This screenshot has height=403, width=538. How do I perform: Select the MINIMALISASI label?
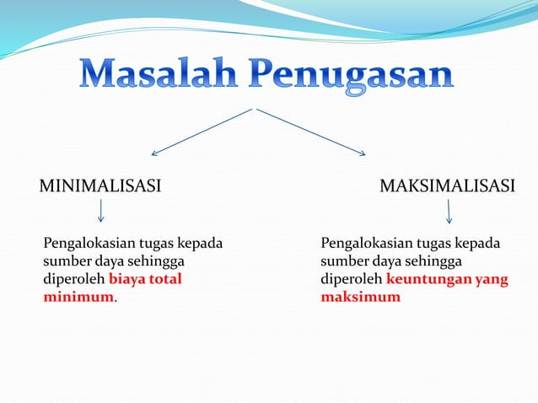pos(100,185)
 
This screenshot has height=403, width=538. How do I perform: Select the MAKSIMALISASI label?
pos(447,185)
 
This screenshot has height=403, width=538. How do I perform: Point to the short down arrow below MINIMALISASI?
pos(101,211)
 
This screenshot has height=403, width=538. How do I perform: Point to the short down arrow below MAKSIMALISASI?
pos(449,211)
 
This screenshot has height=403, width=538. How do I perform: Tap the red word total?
pos(167,279)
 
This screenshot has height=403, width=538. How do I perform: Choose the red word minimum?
pos(78,298)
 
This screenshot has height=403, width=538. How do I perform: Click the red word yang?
pos(492,279)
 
